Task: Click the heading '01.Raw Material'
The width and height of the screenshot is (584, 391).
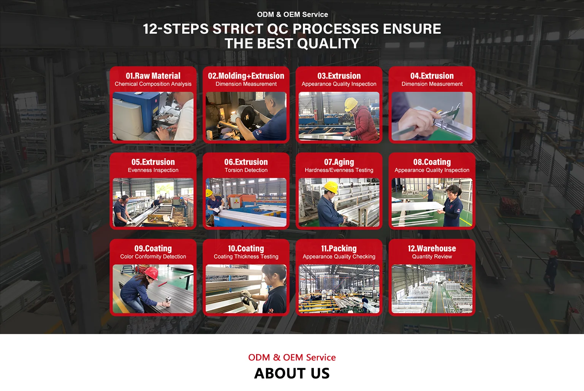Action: coord(153,76)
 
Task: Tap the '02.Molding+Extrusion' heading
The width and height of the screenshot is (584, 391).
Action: coord(246,76)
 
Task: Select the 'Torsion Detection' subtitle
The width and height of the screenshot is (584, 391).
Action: coord(246,170)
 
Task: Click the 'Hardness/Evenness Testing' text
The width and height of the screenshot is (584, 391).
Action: coord(339,170)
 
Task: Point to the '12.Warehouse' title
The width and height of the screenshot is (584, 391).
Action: coord(432,249)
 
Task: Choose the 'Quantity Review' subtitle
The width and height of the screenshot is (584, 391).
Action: coord(432,257)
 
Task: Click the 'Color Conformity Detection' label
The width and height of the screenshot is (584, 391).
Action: coord(153,257)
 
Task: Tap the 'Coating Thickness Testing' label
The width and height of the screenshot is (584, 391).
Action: coord(246,257)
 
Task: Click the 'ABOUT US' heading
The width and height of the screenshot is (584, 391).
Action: coord(292,373)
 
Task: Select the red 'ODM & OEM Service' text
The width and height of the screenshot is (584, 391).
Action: coord(292,357)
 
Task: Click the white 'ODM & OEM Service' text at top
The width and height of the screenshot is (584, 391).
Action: coord(292,14)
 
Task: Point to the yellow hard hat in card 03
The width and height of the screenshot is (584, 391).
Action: coord(351,104)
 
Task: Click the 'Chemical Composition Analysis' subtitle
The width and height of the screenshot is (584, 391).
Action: coord(153,84)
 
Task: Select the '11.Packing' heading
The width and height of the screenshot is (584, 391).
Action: coord(339,249)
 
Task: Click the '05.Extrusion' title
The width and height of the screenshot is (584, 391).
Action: coord(153,162)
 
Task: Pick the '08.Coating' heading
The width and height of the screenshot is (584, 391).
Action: coord(432,162)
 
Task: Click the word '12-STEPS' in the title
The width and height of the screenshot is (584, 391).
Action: coord(176,28)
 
